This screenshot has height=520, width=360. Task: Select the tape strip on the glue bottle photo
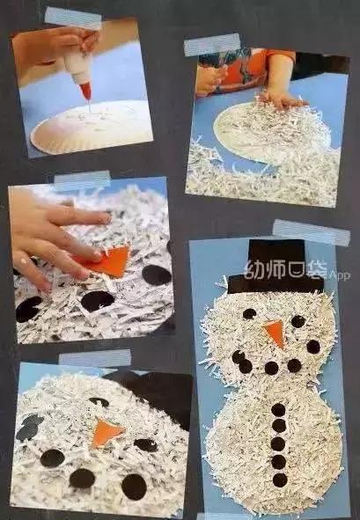click(72, 17)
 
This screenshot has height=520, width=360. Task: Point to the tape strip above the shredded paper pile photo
click(211, 44)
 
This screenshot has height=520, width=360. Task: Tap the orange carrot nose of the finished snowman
click(276, 333)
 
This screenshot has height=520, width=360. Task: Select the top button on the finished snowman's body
click(278, 409)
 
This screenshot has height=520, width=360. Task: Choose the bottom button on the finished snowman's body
click(280, 480)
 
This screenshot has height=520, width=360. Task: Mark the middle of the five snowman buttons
click(279, 444)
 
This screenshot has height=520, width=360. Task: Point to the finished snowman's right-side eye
click(298, 321)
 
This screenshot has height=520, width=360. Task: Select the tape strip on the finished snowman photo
click(310, 232)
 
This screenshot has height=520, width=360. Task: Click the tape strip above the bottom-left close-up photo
click(94, 358)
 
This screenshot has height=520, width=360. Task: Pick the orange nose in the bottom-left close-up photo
click(106, 432)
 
